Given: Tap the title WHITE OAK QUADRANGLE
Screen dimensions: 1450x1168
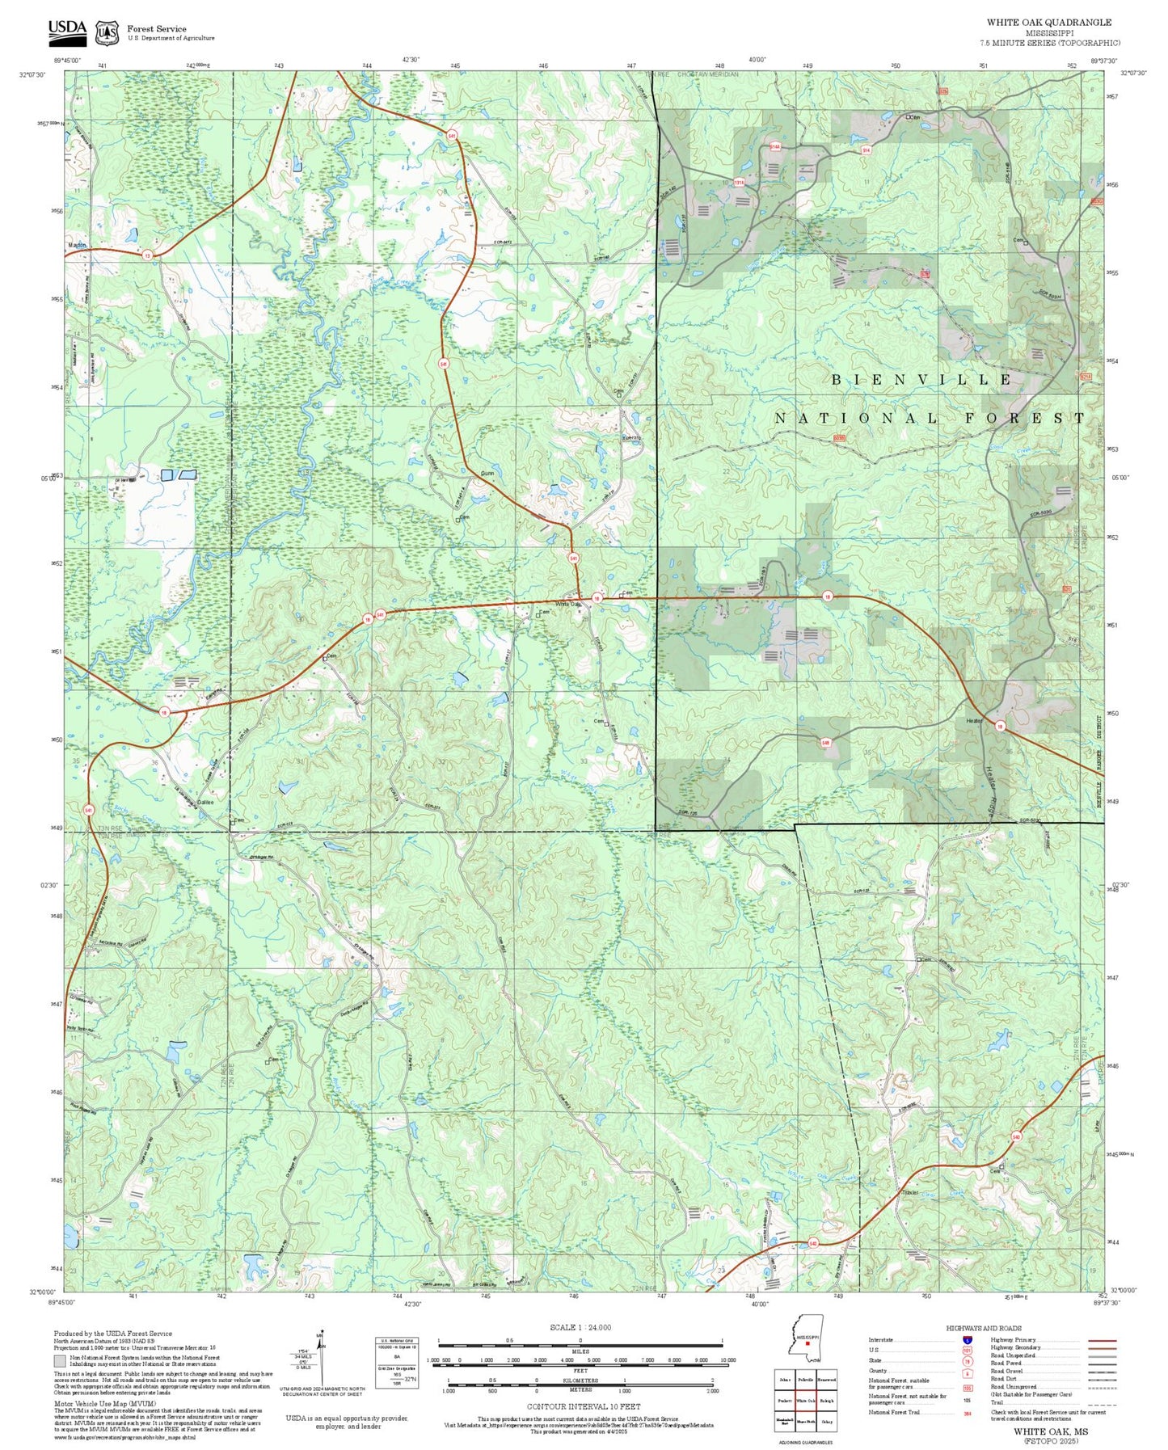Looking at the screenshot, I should [x=1048, y=23].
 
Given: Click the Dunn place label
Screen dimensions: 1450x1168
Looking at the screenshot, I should [x=487, y=474].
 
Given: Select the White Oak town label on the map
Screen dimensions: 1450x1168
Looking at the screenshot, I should [x=567, y=604].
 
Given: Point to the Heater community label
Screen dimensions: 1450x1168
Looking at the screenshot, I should [x=973, y=721].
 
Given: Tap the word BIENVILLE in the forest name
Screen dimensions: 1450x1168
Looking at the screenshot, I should [x=921, y=379].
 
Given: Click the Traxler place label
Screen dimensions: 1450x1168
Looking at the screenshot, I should [x=911, y=1192].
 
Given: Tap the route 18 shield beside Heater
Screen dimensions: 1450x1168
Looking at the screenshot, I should [x=999, y=725].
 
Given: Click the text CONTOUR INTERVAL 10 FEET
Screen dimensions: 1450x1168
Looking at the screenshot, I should [x=584, y=1406].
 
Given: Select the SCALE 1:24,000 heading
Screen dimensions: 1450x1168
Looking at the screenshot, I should [x=580, y=1327].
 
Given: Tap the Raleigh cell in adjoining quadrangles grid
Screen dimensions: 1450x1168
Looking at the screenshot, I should [x=826, y=1401].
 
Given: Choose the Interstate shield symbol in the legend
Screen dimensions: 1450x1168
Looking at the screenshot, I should [x=967, y=1339].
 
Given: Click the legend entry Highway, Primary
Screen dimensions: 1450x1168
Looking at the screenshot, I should [x=1014, y=1339].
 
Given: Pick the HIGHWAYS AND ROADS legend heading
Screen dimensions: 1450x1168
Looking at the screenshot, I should [x=983, y=1328].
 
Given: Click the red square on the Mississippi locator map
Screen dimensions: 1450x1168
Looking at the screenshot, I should [x=807, y=1344].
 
